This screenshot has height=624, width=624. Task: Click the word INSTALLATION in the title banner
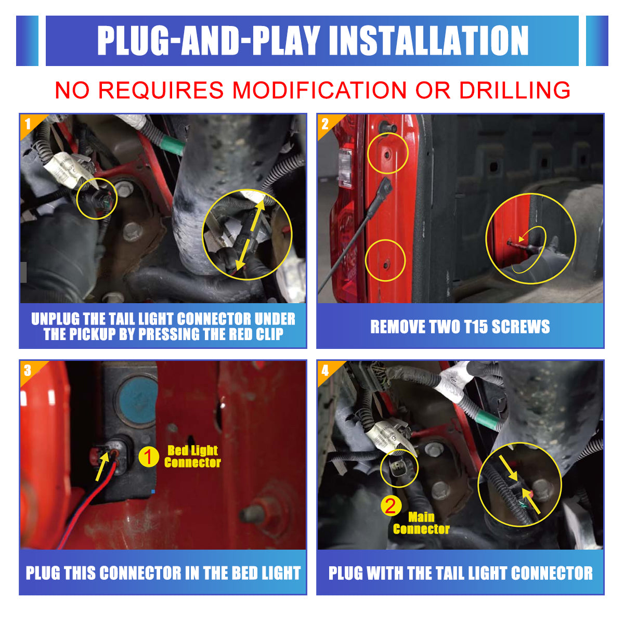tap(428, 41)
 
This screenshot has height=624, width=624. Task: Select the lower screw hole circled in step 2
tap(386, 265)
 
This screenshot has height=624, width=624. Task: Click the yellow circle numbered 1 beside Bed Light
tap(149, 457)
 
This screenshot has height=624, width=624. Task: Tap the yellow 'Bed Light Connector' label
tap(193, 456)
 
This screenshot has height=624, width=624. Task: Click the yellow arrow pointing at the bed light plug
tap(102, 466)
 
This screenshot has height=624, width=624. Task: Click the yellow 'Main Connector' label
tap(421, 523)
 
